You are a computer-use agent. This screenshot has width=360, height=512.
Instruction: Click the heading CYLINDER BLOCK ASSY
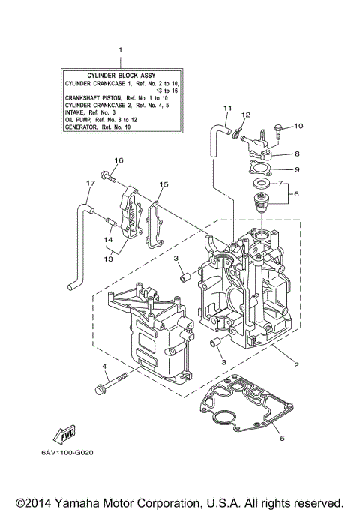tap(119, 76)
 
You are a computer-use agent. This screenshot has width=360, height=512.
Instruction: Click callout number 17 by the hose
tap(90, 183)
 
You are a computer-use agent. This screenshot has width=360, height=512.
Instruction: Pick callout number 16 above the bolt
tap(118, 160)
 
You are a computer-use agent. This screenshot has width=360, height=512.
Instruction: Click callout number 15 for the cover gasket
tap(163, 184)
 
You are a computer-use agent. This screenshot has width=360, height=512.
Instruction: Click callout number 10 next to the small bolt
tap(298, 126)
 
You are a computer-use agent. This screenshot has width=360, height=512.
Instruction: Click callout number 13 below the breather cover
tap(109, 258)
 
